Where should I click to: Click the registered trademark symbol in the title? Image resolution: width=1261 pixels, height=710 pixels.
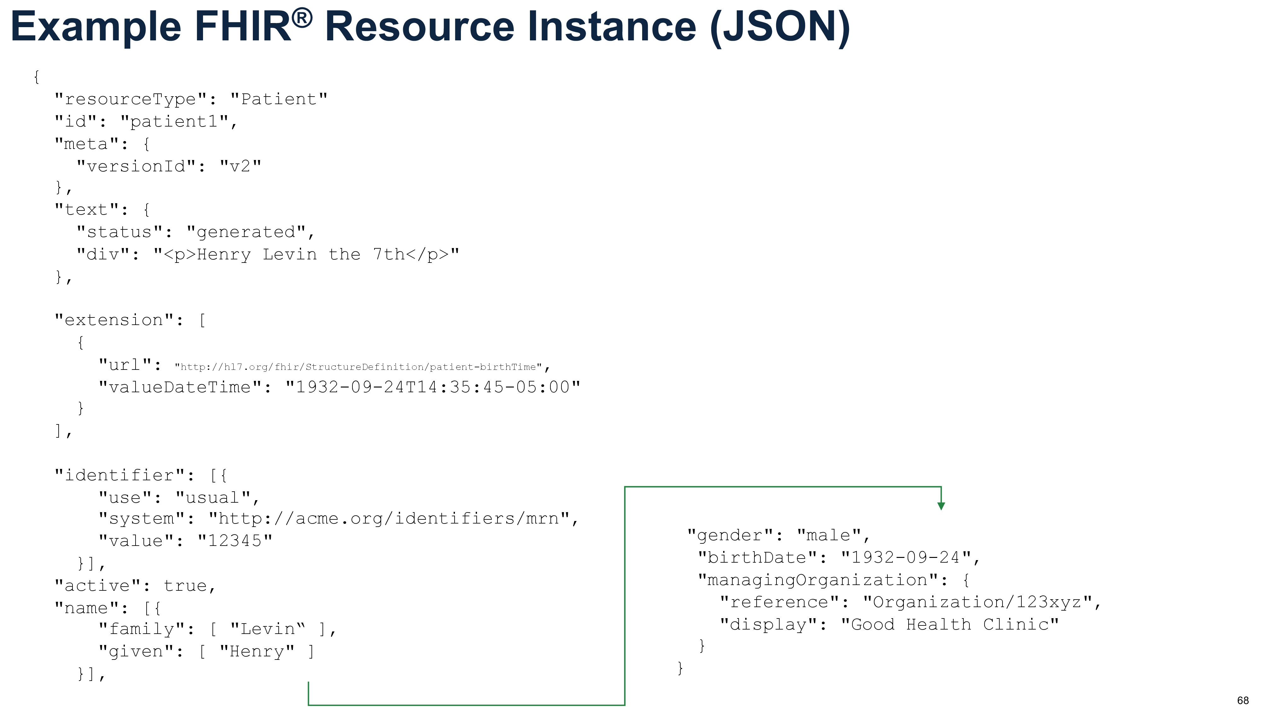(x=303, y=18)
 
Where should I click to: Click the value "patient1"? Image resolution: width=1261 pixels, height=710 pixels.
(x=175, y=121)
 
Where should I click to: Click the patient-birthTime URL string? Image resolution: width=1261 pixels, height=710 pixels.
(x=358, y=367)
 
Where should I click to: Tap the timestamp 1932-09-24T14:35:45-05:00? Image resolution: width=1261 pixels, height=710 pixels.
(x=433, y=387)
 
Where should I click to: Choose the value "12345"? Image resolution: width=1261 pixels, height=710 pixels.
(x=235, y=541)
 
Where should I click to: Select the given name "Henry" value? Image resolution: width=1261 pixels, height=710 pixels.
(x=257, y=651)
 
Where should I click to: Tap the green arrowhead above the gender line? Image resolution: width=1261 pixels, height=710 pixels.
(x=941, y=506)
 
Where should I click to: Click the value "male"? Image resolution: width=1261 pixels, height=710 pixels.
(x=829, y=535)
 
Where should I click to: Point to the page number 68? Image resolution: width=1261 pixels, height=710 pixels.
(x=1243, y=700)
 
